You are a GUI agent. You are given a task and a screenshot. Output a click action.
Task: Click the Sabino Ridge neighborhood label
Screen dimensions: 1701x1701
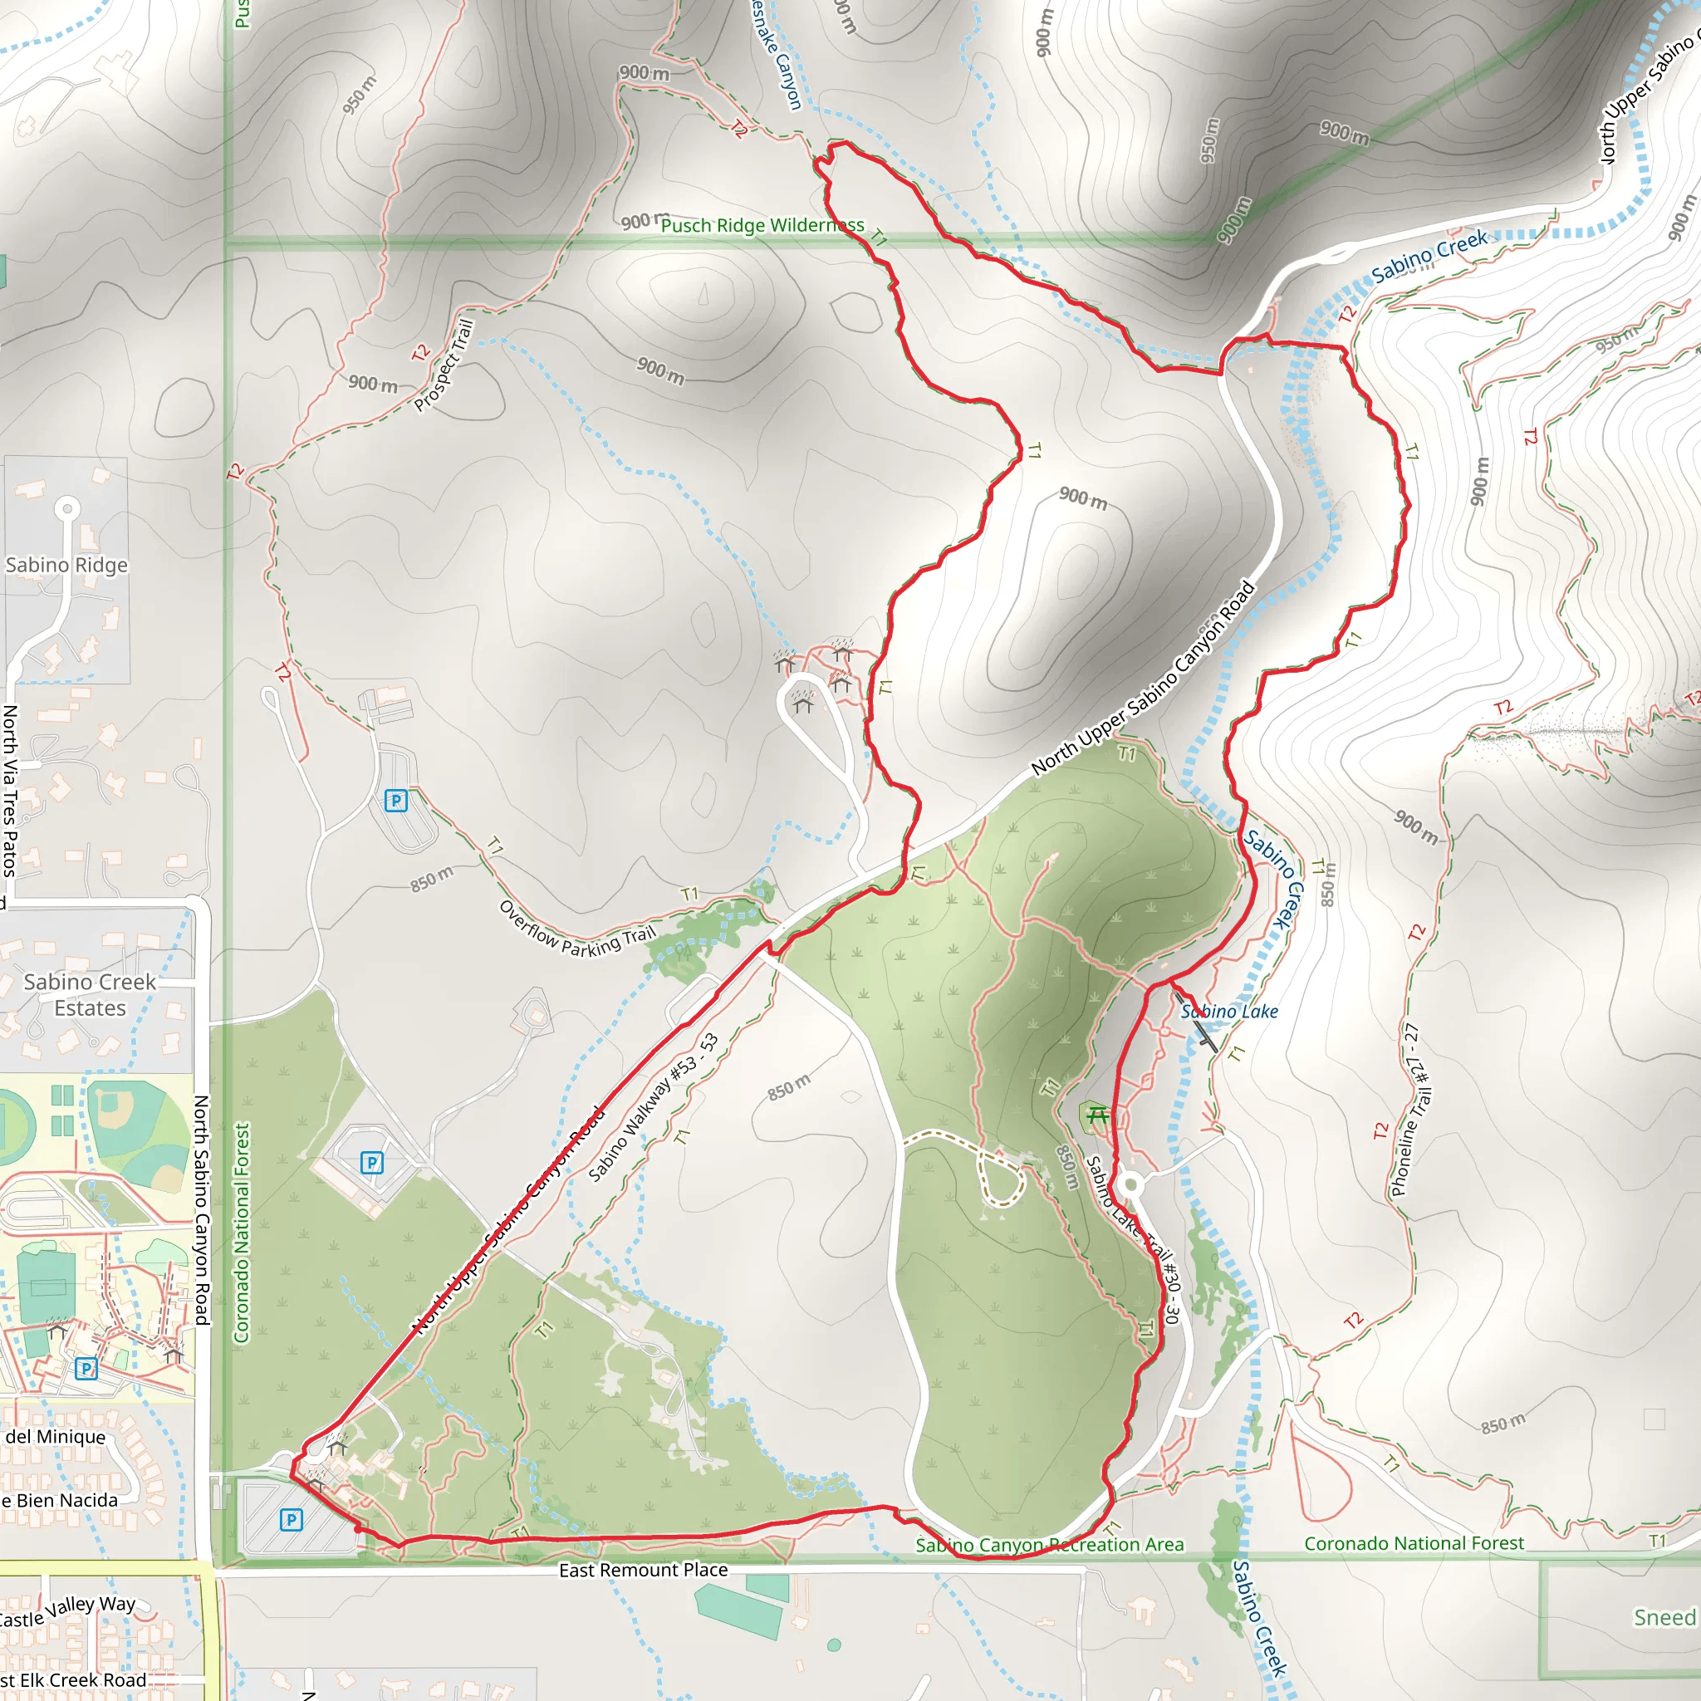click(67, 566)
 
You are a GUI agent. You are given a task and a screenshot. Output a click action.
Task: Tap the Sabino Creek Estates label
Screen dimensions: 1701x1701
click(90, 995)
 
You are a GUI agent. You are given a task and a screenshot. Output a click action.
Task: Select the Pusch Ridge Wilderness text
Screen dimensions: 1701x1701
click(762, 225)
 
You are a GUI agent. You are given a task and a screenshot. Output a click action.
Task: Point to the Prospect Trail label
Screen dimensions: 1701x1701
click(444, 365)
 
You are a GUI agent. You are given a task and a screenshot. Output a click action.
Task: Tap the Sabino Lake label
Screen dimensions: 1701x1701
click(1229, 1012)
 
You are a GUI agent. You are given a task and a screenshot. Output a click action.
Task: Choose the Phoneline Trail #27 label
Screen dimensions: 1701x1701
click(1410, 1111)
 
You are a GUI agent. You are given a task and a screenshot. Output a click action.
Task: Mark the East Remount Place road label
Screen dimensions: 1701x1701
click(643, 1570)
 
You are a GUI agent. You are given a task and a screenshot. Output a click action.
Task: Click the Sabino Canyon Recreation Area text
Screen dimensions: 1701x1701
click(1050, 1545)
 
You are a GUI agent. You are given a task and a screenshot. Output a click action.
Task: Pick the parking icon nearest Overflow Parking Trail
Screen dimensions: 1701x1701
click(395, 801)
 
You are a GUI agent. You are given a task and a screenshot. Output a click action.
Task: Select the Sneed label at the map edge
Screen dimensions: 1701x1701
click(1664, 1617)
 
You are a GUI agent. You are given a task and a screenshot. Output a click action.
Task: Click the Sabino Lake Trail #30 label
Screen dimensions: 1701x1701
click(1133, 1233)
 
